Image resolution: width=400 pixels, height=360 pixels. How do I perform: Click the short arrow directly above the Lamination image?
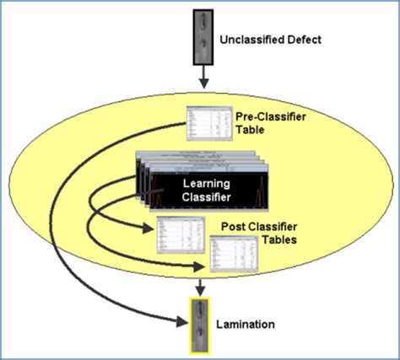tap(200, 287)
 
